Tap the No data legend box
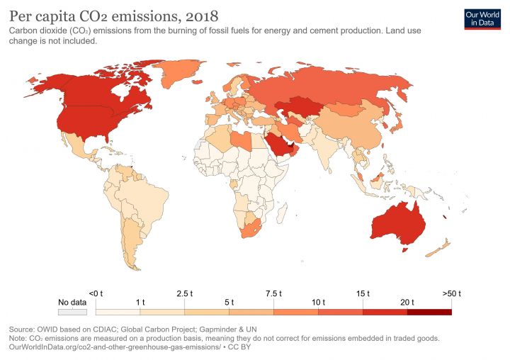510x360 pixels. [72, 311]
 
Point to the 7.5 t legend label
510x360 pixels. [273, 293]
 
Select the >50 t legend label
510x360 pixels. [451, 293]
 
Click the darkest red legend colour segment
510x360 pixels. [429, 311]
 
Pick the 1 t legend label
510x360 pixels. [140, 303]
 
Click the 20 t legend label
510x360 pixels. [407, 303]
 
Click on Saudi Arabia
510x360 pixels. [280, 145]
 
